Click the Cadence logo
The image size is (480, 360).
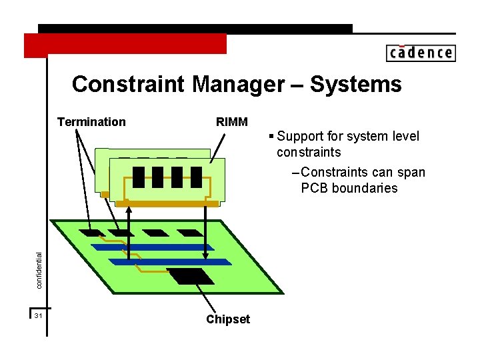pyautogui.click(x=420, y=53)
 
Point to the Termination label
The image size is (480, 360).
pyautogui.click(x=91, y=122)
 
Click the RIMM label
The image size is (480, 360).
pyautogui.click(x=232, y=122)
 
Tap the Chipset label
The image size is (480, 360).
pyautogui.click(x=228, y=319)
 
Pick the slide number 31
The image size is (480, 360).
pyautogui.click(x=39, y=315)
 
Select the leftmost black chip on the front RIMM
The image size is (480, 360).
pyautogui.click(x=139, y=177)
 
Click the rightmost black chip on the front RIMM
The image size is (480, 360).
pyautogui.click(x=196, y=177)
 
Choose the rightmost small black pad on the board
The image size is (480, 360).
pyautogui.click(x=190, y=233)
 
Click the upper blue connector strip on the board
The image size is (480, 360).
pyautogui.click(x=152, y=247)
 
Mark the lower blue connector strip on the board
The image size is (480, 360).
pyautogui.click(x=160, y=262)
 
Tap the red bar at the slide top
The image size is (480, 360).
pyautogui.click(x=125, y=44)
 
